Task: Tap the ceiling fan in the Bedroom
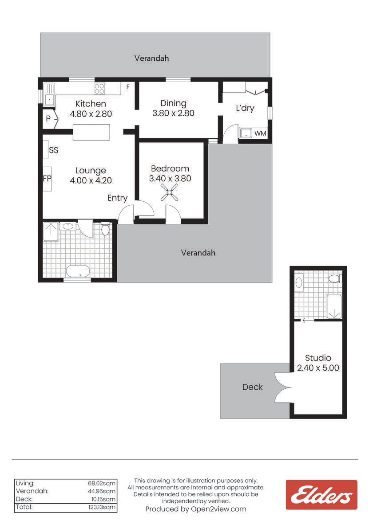[x=169, y=192]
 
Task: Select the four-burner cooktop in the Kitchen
[x=99, y=88]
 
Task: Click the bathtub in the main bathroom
[x=78, y=271]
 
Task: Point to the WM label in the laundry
[x=260, y=133]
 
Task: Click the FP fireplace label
[x=47, y=178]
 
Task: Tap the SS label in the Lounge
[x=54, y=150]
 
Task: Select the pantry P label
[x=48, y=118]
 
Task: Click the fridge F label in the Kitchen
[x=128, y=87]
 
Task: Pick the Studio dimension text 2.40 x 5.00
[x=318, y=368]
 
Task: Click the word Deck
[x=252, y=387]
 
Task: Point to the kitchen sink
[x=49, y=94]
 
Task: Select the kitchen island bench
[x=91, y=132]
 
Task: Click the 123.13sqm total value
[x=102, y=507]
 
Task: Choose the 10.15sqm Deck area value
[x=103, y=499]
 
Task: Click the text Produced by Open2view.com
[x=196, y=509]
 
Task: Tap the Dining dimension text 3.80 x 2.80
[x=173, y=113]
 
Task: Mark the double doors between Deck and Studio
[x=283, y=387]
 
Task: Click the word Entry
[x=117, y=198]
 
